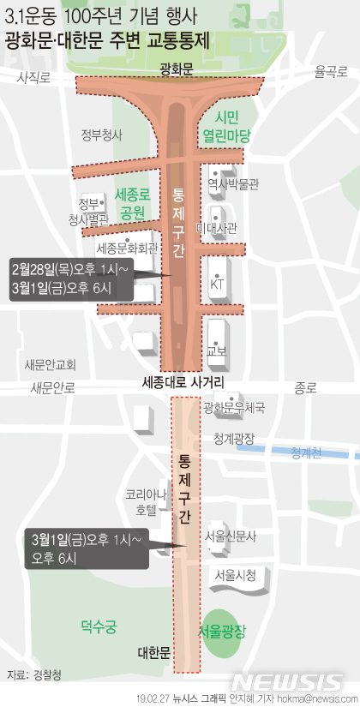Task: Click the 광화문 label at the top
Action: click(179, 66)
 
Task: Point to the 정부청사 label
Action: click(102, 135)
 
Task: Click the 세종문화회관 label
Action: click(127, 249)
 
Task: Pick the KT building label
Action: click(217, 284)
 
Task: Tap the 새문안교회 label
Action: click(50, 363)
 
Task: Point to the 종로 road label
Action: click(304, 387)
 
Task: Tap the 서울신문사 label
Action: click(231, 536)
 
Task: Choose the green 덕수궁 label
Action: click(98, 626)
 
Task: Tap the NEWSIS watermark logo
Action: click(287, 681)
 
